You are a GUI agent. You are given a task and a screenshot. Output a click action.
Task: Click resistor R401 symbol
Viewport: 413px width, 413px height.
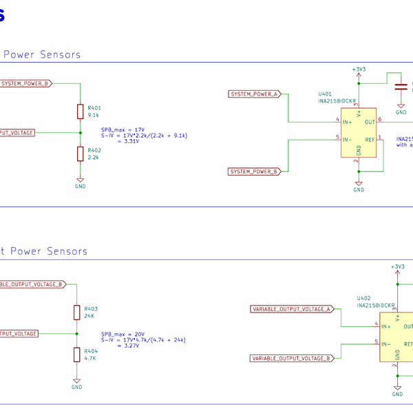click(x=81, y=112)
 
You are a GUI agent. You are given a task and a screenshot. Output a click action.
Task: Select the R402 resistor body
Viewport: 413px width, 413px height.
click(x=81, y=153)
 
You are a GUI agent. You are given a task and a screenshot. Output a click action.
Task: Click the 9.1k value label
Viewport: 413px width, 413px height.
click(x=93, y=115)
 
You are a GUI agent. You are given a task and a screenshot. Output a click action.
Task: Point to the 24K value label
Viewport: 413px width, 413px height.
click(x=89, y=316)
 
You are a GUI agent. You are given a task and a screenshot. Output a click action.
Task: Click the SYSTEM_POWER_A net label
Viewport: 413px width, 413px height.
click(x=254, y=94)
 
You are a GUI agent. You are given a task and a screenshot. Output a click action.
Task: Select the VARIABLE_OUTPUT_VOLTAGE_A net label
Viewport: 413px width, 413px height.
click(x=291, y=309)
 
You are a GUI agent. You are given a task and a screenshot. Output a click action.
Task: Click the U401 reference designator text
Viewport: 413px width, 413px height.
click(x=324, y=94)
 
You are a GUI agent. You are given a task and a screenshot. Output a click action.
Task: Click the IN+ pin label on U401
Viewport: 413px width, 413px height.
click(x=348, y=122)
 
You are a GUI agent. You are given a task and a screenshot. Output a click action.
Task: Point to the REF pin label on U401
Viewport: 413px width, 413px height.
click(x=370, y=140)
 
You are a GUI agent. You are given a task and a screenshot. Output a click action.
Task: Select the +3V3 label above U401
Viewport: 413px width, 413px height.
click(x=359, y=70)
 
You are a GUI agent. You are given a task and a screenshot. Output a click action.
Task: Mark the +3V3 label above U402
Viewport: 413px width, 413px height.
click(x=397, y=266)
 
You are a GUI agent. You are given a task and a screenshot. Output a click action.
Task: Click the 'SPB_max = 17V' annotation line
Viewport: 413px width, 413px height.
click(x=123, y=129)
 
